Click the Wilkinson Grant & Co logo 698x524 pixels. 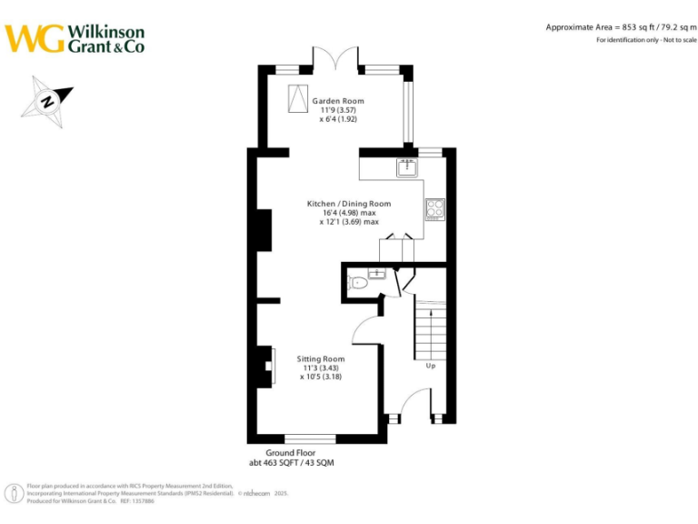[x=75, y=38]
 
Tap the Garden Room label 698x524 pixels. [x=338, y=101]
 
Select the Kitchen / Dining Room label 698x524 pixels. [x=349, y=204]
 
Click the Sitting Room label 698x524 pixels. [x=321, y=359]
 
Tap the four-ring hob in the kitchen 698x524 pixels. [x=434, y=209]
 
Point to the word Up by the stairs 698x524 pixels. [x=430, y=367]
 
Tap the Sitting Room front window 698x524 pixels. [x=311, y=438]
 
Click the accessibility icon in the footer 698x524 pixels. [x=15, y=494]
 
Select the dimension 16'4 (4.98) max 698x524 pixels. [x=349, y=213]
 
